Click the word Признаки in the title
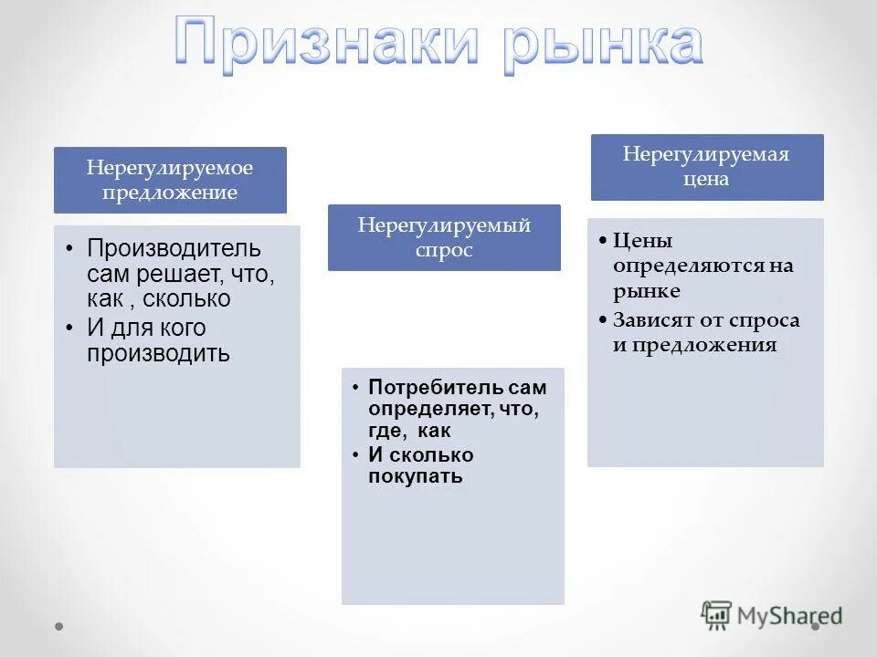[x=330, y=44]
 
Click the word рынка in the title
[x=604, y=44]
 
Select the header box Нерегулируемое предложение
[x=170, y=180]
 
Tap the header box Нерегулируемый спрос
[x=444, y=237]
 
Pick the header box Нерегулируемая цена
[x=706, y=167]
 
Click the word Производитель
[x=174, y=247]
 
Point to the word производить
[x=158, y=353]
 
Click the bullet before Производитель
[x=71, y=248]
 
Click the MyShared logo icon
[x=717, y=615]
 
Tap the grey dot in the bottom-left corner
[x=59, y=627]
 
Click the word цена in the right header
[x=706, y=179]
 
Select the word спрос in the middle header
[x=444, y=250]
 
